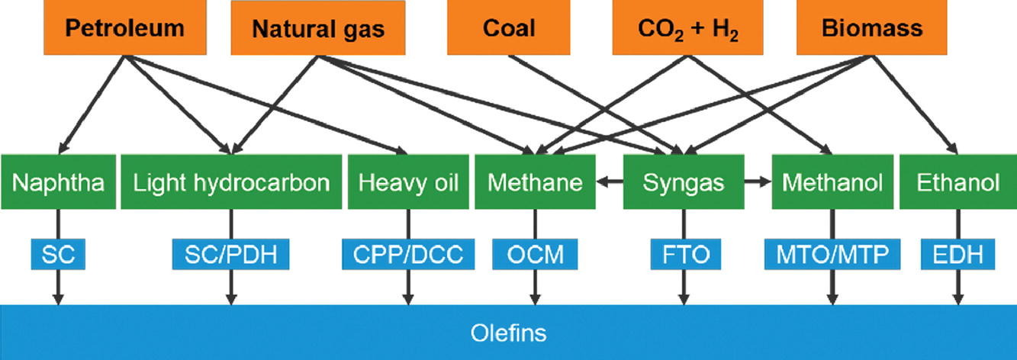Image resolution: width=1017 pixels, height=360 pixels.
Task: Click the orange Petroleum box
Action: point(124,29)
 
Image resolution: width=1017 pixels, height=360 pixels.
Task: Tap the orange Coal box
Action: point(509,29)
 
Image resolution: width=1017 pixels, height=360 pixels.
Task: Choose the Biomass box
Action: point(872,29)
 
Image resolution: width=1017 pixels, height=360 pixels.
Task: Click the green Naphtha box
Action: point(58,183)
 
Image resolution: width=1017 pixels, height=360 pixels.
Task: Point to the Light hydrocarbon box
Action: point(231,183)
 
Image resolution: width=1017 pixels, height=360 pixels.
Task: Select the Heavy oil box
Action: point(407,183)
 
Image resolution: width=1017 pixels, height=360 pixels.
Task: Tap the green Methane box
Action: point(535,183)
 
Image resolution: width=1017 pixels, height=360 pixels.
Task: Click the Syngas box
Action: point(683,183)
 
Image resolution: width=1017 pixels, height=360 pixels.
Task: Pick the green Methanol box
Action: point(832,183)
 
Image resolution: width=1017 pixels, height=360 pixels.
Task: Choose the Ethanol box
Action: point(958,183)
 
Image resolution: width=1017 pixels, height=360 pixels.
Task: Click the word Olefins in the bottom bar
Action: point(508,333)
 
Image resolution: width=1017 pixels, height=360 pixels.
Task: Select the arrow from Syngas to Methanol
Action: point(757,182)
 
